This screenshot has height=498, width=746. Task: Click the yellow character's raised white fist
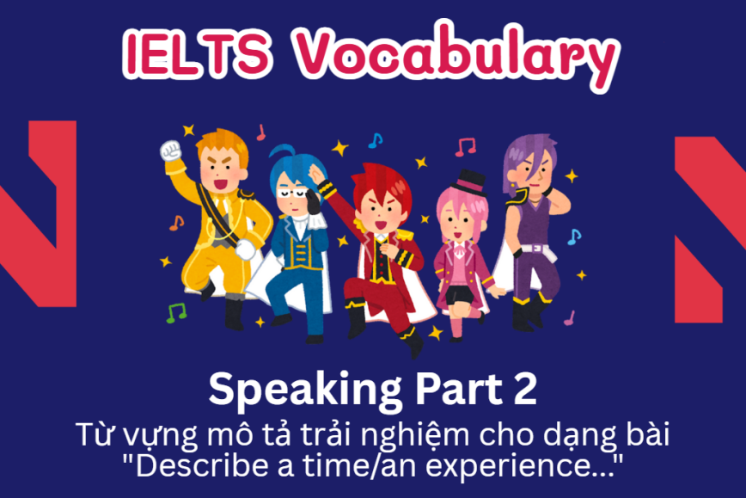170,150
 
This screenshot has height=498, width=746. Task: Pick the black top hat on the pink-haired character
470,182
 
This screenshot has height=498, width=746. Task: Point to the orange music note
176,223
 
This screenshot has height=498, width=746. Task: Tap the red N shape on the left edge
34,215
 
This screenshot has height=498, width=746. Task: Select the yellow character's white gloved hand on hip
245,250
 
